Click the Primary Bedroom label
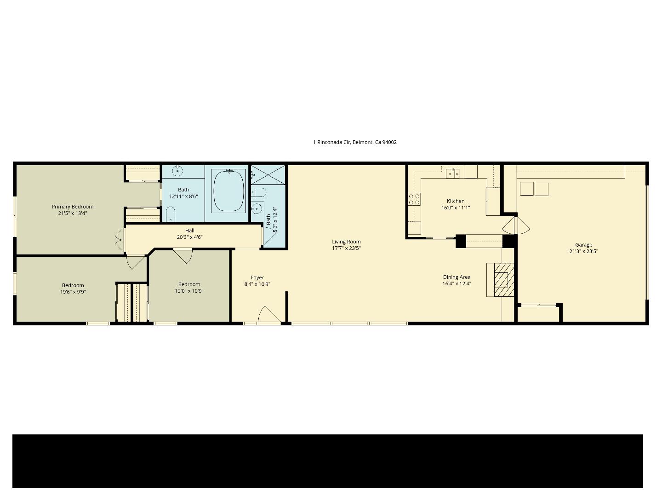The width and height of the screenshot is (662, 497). click(x=73, y=207)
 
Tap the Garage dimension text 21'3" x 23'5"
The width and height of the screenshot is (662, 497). click(x=583, y=251)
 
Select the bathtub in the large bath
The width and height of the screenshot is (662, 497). click(x=229, y=191)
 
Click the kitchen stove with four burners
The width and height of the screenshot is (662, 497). click(x=414, y=199)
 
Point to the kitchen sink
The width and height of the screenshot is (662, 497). click(x=452, y=173)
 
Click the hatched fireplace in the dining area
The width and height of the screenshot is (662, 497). click(x=501, y=280)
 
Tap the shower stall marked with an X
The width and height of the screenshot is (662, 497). click(x=268, y=175)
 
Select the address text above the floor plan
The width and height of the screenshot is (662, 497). click(x=354, y=142)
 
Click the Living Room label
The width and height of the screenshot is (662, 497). click(x=346, y=242)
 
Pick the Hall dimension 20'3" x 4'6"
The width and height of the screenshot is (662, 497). click(x=189, y=237)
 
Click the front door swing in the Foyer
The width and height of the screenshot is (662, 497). click(x=268, y=315)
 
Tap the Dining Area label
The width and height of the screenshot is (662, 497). click(x=457, y=277)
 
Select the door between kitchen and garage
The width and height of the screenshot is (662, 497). click(x=516, y=226)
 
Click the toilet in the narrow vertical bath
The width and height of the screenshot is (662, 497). click(x=258, y=192)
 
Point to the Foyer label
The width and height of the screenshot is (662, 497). click(x=257, y=277)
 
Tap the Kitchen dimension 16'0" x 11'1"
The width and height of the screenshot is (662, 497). click(x=455, y=208)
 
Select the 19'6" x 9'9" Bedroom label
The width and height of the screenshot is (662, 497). click(x=73, y=285)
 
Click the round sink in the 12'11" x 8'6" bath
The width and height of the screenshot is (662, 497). click(x=178, y=171)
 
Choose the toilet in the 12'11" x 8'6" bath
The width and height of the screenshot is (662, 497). click(x=171, y=214)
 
